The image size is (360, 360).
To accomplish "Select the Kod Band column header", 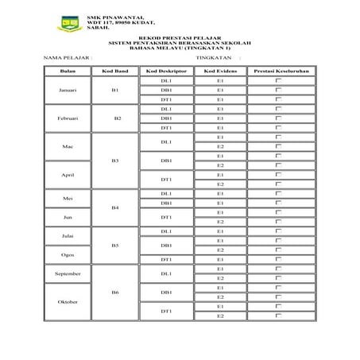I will (x=115, y=72).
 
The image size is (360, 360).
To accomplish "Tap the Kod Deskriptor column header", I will (x=166, y=72).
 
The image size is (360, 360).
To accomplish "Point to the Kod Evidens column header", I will (x=220, y=72).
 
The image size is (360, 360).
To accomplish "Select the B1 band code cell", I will (x=115, y=91).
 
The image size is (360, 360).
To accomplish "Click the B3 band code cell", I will (x=115, y=161).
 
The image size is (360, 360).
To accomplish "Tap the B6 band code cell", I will (x=115, y=292).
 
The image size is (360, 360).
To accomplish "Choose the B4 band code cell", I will (x=115, y=208).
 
